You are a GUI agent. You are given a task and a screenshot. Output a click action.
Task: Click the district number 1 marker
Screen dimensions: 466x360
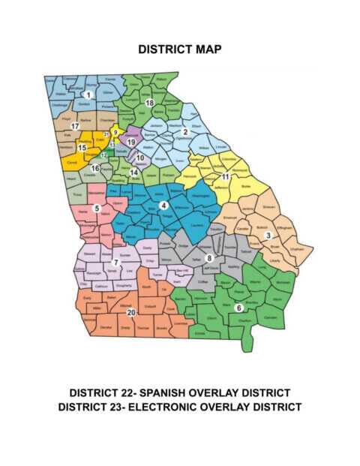coord(88,95)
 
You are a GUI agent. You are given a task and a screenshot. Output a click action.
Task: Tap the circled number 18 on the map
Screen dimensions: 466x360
coord(149,103)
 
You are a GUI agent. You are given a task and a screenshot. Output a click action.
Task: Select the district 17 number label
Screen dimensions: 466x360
coord(75,127)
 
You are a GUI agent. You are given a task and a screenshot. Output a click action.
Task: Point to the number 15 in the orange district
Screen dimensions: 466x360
coord(82,148)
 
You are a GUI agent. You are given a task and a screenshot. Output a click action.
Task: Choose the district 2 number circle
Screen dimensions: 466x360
coord(184,133)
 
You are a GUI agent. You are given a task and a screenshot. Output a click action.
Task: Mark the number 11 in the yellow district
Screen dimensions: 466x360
coord(225,176)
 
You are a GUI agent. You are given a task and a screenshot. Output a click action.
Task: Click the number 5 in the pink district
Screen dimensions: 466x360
coord(96,208)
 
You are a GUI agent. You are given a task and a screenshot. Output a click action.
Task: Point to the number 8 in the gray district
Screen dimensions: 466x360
coord(209,257)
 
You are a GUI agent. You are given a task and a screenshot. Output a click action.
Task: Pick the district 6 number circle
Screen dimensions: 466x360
coord(238,308)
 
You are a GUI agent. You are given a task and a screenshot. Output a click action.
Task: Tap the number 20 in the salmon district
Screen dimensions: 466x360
coord(131,312)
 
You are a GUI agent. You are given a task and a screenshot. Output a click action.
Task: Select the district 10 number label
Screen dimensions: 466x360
coord(140,158)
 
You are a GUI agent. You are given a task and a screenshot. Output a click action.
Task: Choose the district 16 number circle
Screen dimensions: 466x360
coord(95,169)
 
